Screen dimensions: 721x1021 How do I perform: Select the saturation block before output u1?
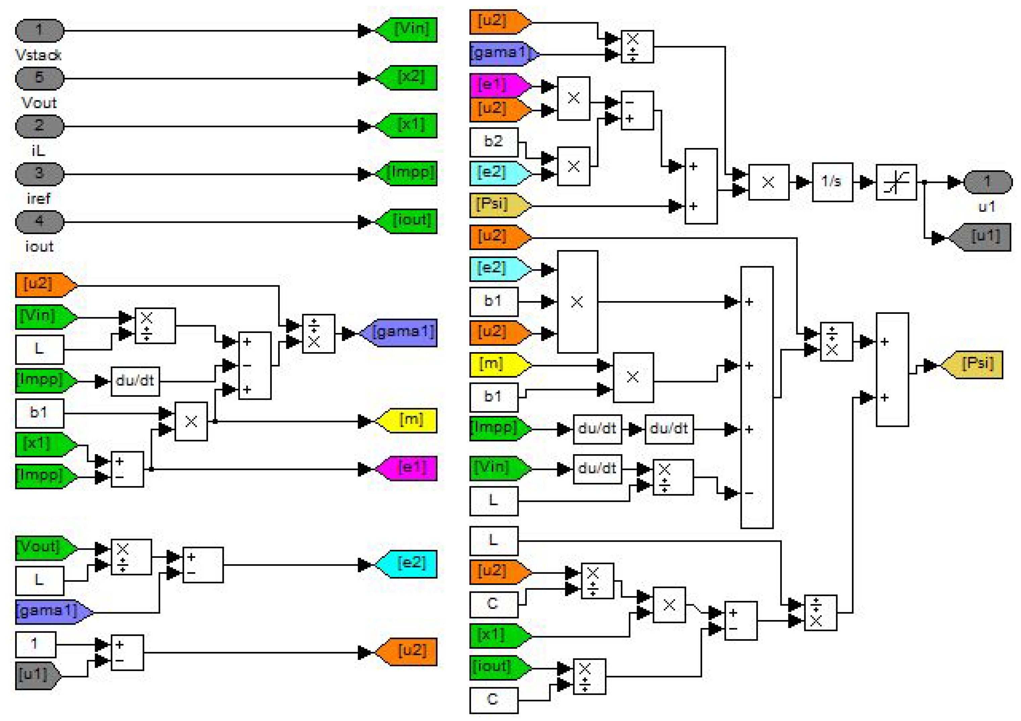[x=896, y=182]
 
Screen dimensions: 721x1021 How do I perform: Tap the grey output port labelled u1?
[x=987, y=182]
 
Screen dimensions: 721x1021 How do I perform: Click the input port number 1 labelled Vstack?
[x=40, y=31]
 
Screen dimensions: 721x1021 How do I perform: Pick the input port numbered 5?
[x=40, y=78]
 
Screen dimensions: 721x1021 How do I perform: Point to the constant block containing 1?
[x=36, y=644]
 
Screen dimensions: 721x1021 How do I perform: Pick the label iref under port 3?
[x=38, y=198]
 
